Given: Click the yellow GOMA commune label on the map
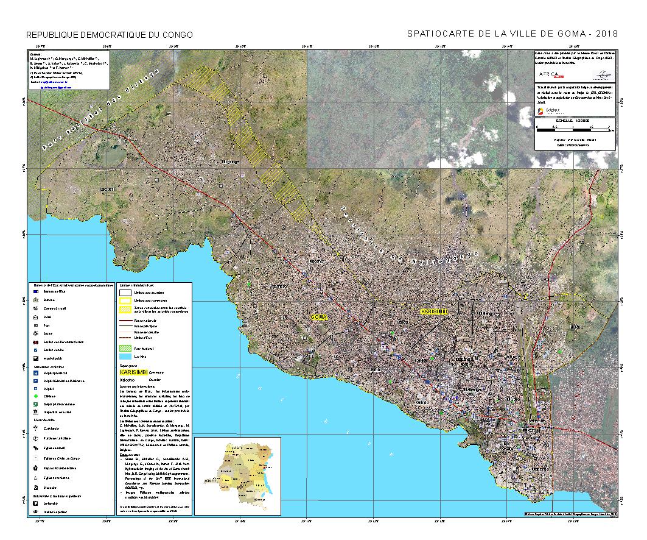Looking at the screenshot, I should [319, 317].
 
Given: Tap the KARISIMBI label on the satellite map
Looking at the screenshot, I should [434, 311].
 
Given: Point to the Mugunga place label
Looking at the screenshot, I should [230, 162].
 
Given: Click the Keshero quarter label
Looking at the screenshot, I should [277, 286].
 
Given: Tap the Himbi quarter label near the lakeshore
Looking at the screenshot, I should [376, 370].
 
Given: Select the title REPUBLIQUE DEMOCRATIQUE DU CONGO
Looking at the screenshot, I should [110, 35].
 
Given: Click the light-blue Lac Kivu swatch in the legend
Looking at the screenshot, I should [126, 355].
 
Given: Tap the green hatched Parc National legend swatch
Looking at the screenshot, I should [126, 347].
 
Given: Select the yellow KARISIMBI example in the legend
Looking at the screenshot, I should [133, 371].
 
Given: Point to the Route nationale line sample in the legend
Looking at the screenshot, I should [126, 320].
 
